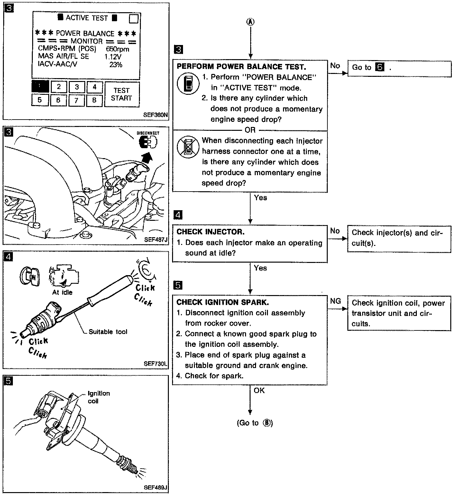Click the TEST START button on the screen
(122, 94)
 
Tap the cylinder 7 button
(76, 100)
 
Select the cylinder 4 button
(94, 87)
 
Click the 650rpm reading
(117, 49)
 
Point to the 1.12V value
(113, 57)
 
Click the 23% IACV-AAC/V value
(115, 65)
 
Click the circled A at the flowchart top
(250, 22)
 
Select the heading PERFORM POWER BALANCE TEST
(241, 67)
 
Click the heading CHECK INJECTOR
(210, 232)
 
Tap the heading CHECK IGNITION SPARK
(223, 302)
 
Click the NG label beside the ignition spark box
(335, 301)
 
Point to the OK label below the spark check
(259, 390)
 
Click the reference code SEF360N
(156, 114)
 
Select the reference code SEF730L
(156, 364)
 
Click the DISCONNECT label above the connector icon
(148, 133)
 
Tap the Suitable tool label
(108, 332)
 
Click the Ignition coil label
(98, 397)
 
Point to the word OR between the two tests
(250, 130)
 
